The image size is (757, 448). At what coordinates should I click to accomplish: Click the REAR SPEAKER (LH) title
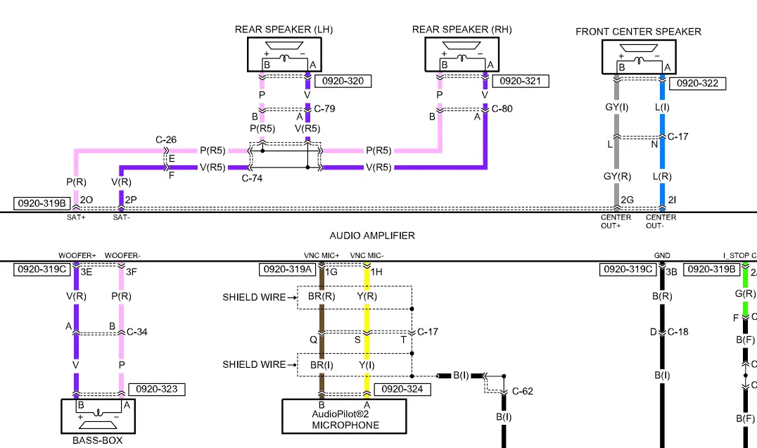coord(284,30)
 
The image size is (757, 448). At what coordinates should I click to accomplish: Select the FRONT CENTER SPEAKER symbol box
coord(638,56)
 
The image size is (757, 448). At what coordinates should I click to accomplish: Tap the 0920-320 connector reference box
coord(343,81)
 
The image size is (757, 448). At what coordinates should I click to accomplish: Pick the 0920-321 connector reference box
coord(520,81)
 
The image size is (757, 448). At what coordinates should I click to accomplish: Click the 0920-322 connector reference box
coord(696,83)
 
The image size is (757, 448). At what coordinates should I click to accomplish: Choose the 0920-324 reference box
coord(401,389)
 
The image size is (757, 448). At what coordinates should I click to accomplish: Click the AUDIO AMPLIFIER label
coord(372,236)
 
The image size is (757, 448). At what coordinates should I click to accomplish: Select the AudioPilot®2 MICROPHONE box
coord(345,416)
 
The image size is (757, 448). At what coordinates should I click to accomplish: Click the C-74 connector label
coord(252,179)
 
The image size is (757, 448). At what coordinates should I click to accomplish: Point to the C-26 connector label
coord(166,140)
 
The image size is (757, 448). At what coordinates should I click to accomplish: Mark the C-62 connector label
coord(522,390)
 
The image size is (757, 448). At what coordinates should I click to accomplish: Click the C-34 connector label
coord(136,332)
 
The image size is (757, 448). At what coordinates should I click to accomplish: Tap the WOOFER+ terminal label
coord(77,255)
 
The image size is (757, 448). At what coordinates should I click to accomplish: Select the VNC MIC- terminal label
coord(367,255)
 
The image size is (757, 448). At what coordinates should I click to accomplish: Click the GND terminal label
coord(662,255)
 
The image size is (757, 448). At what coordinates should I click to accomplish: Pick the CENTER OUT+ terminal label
coord(616,221)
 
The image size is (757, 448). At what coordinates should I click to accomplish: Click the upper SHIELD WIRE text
coord(254,297)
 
